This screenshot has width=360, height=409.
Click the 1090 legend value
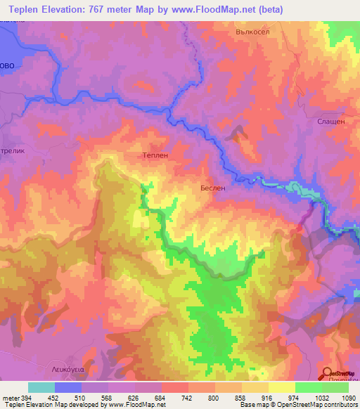click(349, 397)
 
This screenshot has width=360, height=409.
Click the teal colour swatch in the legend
click(41, 387)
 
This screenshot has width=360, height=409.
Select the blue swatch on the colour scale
click(68, 387)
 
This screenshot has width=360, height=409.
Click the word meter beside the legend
click(11, 397)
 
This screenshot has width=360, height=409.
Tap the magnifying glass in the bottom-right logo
click(327, 374)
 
